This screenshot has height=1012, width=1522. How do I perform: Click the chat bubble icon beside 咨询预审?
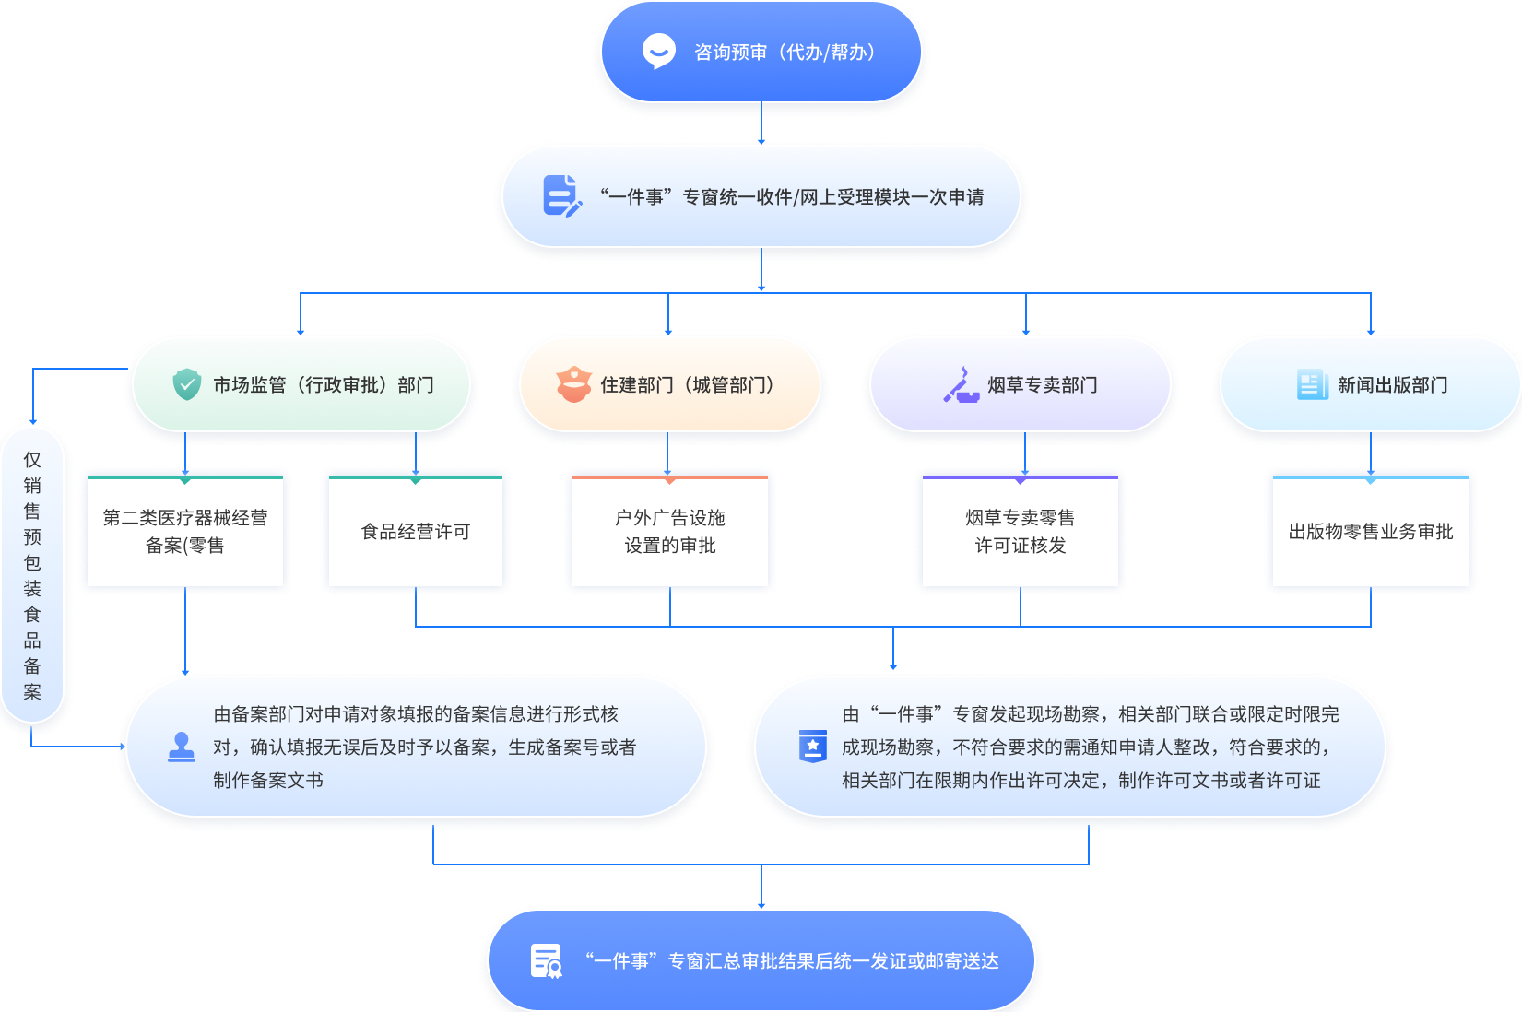658,52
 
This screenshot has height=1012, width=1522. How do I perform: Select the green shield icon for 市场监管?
187,384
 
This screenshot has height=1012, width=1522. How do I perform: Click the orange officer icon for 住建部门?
573,384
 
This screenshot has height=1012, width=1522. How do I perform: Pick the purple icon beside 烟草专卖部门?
961,384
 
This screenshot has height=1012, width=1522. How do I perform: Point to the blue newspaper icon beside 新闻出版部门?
1310,384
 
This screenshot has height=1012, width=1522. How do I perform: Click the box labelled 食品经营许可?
416,532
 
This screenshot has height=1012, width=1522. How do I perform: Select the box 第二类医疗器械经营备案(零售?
185,532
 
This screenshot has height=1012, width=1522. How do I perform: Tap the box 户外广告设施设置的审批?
670,532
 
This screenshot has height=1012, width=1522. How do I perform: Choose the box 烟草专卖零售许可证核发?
1021,532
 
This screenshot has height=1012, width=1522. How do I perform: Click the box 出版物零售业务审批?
1371,532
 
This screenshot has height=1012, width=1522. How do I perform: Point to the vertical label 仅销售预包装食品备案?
32,575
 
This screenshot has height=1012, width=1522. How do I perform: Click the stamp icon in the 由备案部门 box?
182,747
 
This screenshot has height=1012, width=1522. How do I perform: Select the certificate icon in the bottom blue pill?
547,960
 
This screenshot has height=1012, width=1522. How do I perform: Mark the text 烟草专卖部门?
1043,385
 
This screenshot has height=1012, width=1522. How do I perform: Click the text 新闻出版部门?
1393,385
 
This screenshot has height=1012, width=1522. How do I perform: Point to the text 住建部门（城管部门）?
688,385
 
